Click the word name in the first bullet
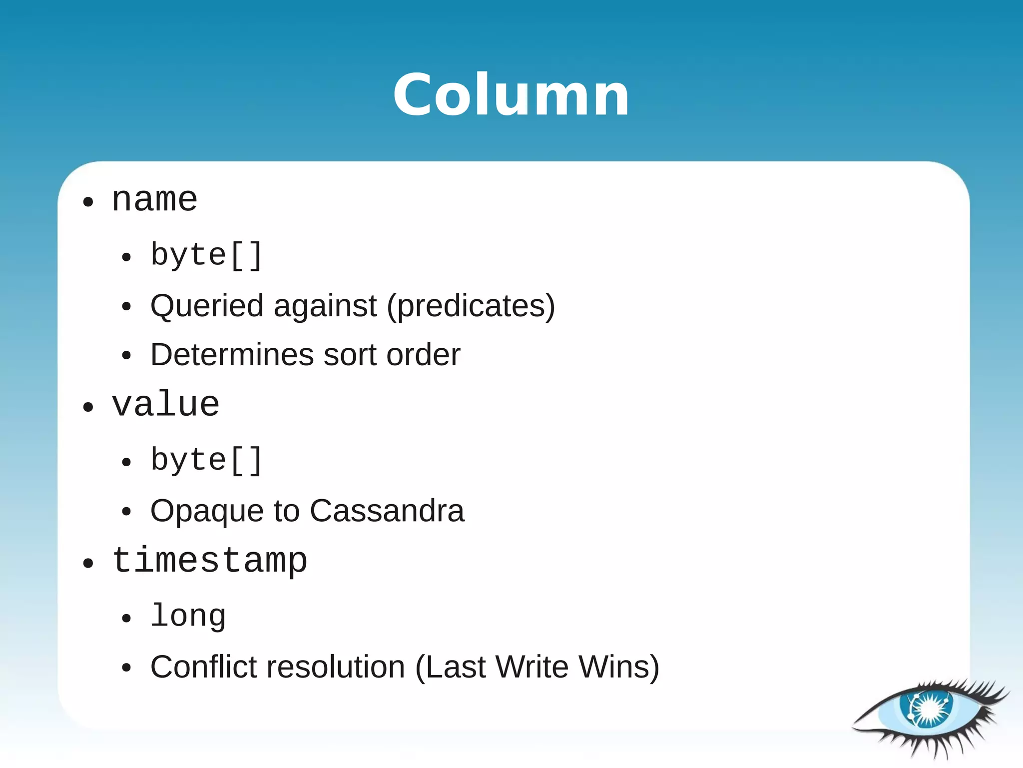[x=154, y=200]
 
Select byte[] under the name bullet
[x=206, y=256]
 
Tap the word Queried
[x=207, y=306]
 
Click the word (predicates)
[x=471, y=306]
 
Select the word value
[x=165, y=405]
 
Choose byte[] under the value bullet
[x=206, y=461]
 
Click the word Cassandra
[x=387, y=511]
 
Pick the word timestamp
[x=209, y=561]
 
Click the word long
[x=188, y=616]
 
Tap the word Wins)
[x=618, y=667]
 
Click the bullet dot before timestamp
[x=88, y=564]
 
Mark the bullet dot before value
[x=88, y=407]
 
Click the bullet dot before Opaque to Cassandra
[x=126, y=512]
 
